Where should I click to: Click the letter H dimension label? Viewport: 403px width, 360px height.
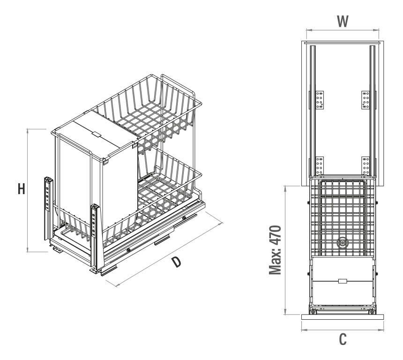point(22,189)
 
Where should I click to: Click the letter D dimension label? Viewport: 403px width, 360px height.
point(177,262)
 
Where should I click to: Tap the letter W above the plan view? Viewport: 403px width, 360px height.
point(343,22)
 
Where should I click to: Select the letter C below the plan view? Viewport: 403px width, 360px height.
point(343,339)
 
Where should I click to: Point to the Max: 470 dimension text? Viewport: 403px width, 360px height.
point(275,250)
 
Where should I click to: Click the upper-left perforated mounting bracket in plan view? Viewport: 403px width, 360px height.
point(320,100)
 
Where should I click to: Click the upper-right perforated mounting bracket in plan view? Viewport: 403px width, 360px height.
point(366,100)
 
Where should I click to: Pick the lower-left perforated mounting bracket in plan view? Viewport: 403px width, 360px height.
point(320,166)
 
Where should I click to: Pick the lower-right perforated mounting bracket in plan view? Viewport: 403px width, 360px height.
point(366,166)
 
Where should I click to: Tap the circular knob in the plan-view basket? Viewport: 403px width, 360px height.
point(342,242)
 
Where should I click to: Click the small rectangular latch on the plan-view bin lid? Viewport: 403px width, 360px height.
point(343,281)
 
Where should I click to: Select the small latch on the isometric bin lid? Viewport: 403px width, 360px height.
point(96,134)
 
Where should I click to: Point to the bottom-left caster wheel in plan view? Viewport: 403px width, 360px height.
point(313,312)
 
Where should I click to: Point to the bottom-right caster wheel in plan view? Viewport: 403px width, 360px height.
point(372,312)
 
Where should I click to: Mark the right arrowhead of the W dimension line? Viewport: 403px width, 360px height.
point(377,30)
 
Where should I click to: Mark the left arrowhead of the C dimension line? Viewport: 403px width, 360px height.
point(304,330)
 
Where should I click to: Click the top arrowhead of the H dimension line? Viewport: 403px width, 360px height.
point(27,131)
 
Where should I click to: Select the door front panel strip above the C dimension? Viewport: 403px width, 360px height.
point(343,317)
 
